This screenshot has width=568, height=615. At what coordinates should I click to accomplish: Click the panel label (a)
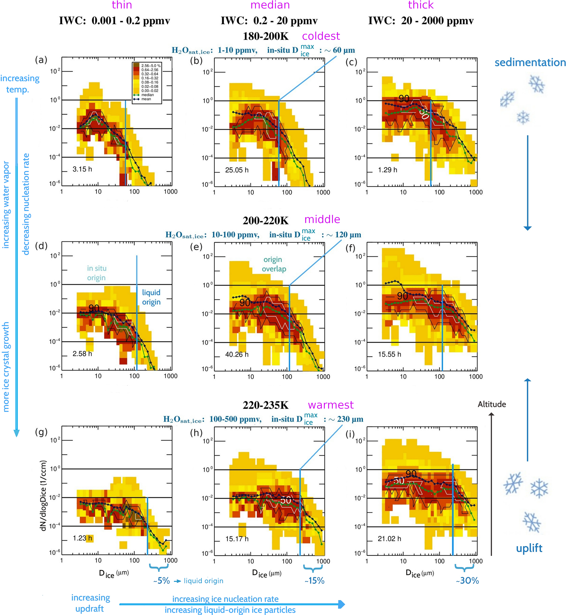click(41, 60)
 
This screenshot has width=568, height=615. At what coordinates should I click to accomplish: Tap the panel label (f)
click(350, 248)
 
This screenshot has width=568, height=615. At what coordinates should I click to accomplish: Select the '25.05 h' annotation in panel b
click(237, 170)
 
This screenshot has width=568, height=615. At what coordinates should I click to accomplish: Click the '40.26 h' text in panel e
click(237, 354)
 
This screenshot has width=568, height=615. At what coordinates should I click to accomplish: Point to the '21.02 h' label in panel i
click(389, 539)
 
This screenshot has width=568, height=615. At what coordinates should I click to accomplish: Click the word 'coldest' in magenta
click(321, 36)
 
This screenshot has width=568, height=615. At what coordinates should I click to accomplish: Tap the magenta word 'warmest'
click(331, 405)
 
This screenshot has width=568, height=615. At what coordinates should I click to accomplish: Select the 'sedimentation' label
click(530, 62)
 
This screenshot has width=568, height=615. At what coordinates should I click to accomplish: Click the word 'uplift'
click(529, 548)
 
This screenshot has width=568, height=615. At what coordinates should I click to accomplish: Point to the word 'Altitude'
click(492, 404)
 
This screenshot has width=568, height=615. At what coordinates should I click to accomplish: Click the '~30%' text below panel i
click(467, 581)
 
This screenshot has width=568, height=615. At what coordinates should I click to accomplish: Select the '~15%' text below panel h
click(314, 581)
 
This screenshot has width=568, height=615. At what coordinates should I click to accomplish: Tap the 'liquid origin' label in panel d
click(151, 297)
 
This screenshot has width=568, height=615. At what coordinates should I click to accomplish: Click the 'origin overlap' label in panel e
click(273, 264)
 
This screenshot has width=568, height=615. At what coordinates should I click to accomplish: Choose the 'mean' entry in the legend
click(146, 99)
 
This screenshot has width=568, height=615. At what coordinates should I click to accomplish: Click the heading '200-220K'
click(266, 221)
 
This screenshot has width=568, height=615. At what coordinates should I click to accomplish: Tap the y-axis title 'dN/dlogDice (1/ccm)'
click(44, 495)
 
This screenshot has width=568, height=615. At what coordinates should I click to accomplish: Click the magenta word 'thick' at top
click(421, 5)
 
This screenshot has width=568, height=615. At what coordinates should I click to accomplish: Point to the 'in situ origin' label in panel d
click(97, 273)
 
